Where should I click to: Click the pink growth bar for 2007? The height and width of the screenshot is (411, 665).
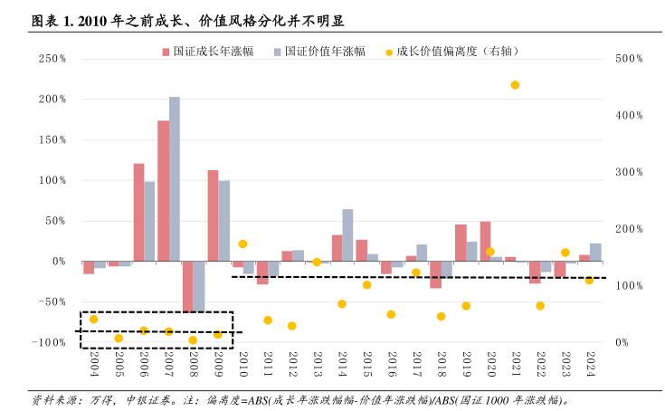point(163,191)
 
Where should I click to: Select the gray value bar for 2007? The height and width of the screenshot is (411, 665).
point(175,179)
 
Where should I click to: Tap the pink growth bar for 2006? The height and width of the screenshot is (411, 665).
point(138,213)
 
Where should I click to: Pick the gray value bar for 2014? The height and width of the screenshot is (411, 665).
point(347,235)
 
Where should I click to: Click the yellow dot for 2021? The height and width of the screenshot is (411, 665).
point(515,85)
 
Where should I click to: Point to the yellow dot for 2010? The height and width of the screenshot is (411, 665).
point(242,244)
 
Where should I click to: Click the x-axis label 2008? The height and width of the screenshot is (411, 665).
point(194,364)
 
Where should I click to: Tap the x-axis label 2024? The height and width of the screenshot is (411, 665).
point(590,364)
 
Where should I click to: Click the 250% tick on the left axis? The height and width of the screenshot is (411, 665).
point(52,59)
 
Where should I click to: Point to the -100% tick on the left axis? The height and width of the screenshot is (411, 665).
point(51,343)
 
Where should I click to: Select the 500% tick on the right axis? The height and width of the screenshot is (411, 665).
point(628,59)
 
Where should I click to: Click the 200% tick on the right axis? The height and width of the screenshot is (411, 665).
point(628,229)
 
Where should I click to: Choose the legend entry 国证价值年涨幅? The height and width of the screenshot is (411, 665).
point(324,52)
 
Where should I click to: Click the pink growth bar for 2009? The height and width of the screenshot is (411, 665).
point(213,215)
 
